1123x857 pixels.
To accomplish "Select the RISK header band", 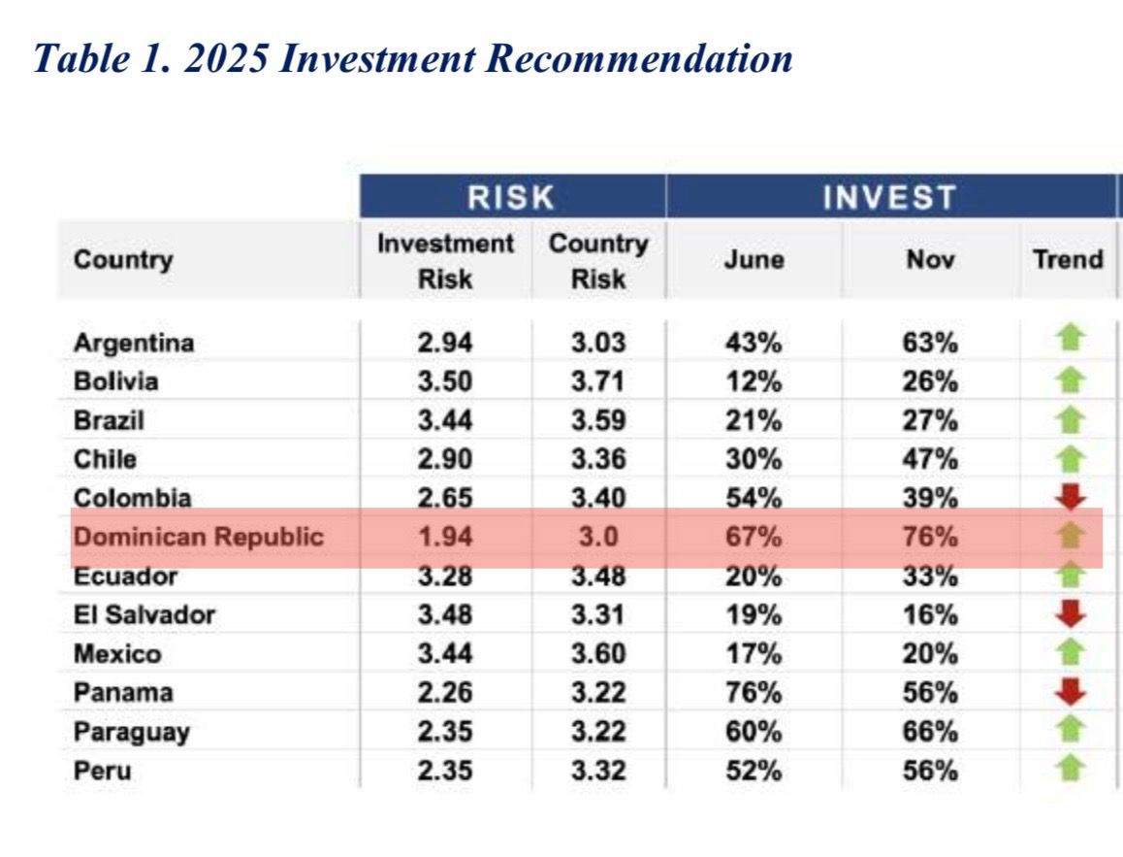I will pos(511,197).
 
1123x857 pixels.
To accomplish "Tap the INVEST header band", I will pos(889,197).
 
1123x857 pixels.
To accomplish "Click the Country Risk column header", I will pos(597,261).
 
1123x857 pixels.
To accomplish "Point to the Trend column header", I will pos(1068,259).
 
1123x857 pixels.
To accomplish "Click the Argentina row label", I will pos(134,343).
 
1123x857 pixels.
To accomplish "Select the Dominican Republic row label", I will pos(198,537).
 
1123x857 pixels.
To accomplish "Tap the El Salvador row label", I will pos(144,614).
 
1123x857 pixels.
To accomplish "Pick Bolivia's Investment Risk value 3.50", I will pos(445,381).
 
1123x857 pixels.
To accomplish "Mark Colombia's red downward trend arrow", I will pos(1069,497).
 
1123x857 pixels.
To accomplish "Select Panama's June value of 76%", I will pos(754,693).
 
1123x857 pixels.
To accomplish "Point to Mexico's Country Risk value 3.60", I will pos(597,654).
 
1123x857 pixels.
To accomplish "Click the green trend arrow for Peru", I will pos(1069,770).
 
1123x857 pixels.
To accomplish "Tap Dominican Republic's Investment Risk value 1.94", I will pos(445,537).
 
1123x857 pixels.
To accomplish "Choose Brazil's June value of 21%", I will pos(754,420).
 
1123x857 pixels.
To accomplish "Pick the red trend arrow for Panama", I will pos(1069,692).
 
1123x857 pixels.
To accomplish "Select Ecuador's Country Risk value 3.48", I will pos(597,577).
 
